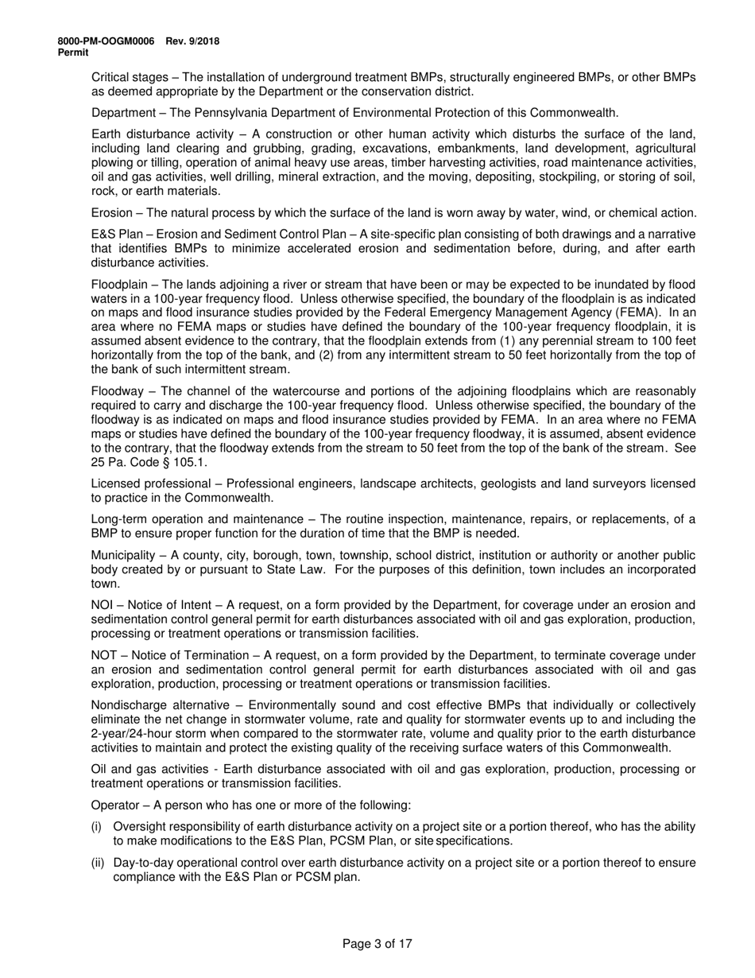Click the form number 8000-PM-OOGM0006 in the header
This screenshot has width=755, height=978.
106,41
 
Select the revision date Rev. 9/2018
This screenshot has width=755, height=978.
192,41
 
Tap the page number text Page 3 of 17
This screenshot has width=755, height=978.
377,944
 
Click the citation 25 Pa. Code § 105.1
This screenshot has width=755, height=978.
145,462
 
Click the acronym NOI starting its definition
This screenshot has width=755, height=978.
103,605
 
